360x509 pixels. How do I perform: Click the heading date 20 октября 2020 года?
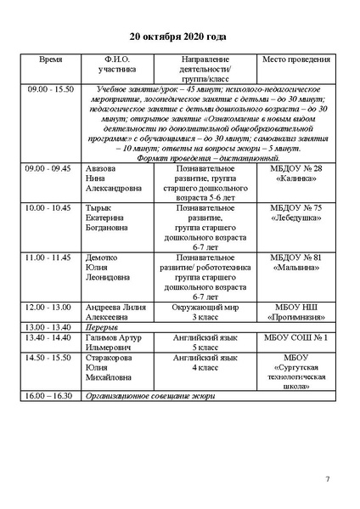[179, 38]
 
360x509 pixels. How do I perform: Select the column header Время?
[51, 63]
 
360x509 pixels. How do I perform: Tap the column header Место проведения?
[295, 63]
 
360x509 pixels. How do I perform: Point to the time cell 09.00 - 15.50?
[51, 88]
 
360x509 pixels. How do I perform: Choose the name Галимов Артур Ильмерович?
[115, 342]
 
